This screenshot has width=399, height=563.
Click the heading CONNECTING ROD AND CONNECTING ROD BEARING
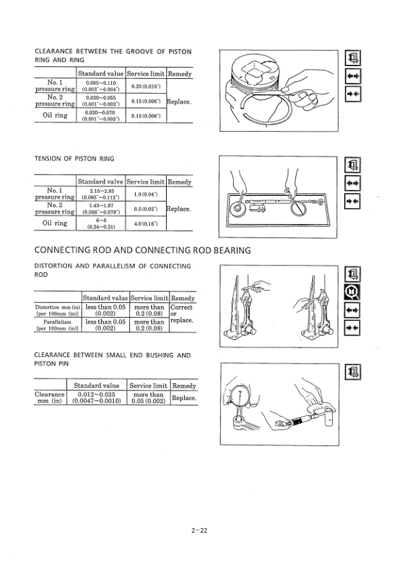(142, 251)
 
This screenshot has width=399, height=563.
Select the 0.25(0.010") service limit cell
(145, 86)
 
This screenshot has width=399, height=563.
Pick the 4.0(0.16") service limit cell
(145, 223)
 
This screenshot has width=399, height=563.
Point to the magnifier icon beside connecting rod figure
(351, 292)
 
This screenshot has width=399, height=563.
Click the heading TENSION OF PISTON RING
(74, 158)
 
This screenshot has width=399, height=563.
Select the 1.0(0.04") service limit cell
(145, 194)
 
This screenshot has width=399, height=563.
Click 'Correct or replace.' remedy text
(182, 314)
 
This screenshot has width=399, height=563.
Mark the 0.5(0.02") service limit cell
(145, 209)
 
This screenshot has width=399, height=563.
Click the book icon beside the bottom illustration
(351, 372)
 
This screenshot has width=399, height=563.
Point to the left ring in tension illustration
(238, 209)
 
